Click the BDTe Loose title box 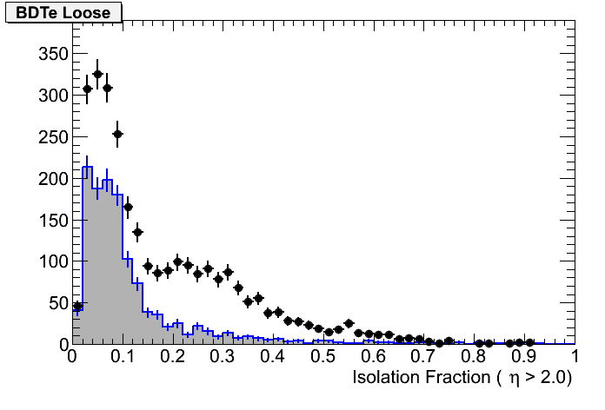(63, 12)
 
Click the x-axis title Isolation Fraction (463, 378)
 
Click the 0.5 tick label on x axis (323, 357)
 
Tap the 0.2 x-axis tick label (172, 357)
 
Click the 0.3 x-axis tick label (223, 357)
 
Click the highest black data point (97, 75)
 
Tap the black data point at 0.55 (349, 323)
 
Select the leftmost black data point (77, 307)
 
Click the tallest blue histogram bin (87, 167)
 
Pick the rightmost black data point (529, 343)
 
